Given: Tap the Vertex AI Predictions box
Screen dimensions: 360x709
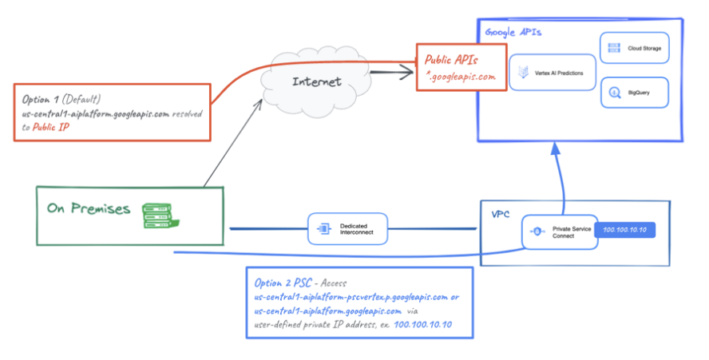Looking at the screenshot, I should point(553,73).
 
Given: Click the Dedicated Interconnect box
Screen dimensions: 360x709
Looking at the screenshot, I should point(347,229).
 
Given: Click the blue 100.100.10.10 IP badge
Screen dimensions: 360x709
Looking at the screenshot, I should point(626,230).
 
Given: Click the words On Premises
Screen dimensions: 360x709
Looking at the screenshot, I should point(88,209).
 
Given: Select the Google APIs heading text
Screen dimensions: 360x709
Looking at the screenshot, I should point(513,33).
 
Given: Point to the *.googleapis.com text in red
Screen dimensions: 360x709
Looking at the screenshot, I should point(462,77).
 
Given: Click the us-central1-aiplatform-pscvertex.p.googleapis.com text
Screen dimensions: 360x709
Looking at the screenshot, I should point(351,297).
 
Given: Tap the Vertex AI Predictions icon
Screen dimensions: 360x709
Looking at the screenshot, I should point(524,73).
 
